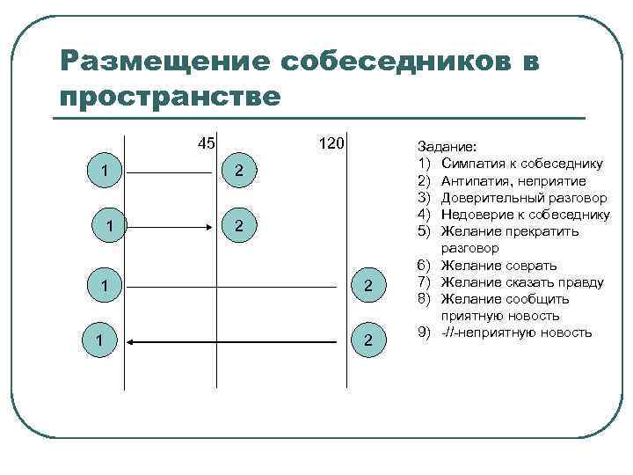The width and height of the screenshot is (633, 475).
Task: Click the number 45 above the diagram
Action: pyautogui.click(x=207, y=143)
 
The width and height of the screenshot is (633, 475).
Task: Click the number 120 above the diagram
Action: pyautogui.click(x=331, y=143)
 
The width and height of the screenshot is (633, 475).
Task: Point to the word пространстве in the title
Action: pyautogui.click(x=170, y=95)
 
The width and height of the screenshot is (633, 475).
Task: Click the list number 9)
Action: pyautogui.click(x=423, y=332)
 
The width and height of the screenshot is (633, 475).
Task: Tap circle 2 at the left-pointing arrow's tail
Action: pyautogui.click(x=368, y=339)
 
